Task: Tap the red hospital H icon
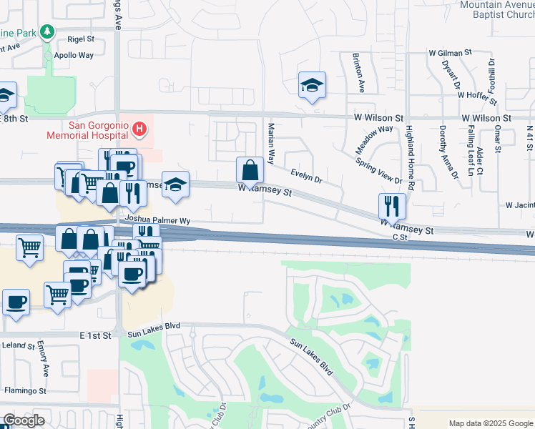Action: (140, 129)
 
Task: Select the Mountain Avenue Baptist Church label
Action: (498, 9)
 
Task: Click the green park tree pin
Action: (47, 32)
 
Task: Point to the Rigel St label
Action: (81, 40)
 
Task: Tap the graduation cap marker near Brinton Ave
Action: (313, 86)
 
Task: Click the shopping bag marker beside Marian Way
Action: (250, 170)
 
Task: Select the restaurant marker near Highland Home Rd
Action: (392, 206)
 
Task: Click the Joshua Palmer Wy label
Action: (157, 221)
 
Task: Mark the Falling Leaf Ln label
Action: (471, 149)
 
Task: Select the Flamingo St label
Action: (25, 391)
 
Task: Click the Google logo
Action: (24, 420)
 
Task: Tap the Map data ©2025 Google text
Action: (491, 423)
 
